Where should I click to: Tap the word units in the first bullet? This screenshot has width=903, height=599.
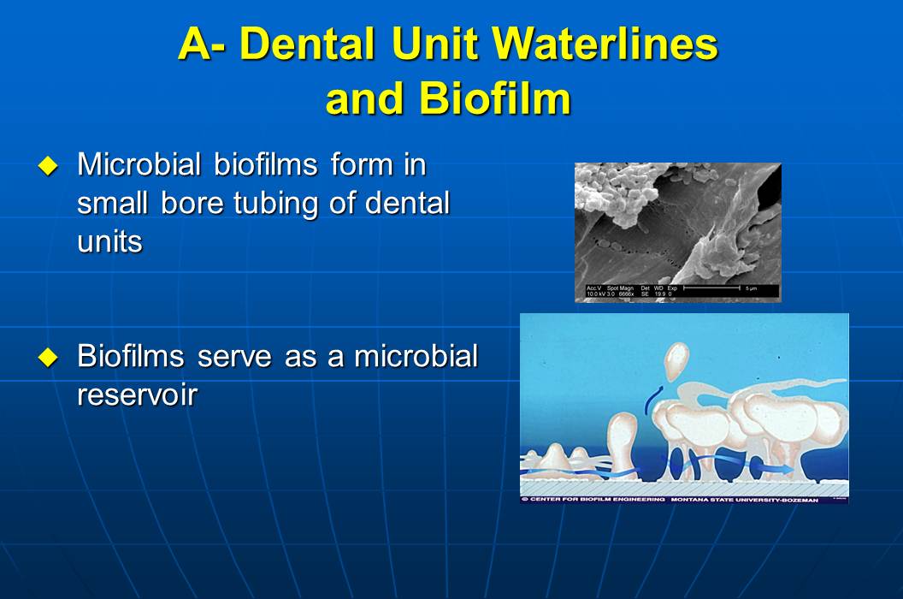click(109, 241)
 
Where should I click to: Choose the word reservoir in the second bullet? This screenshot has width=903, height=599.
click(138, 394)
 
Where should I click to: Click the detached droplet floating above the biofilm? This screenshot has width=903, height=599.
click(676, 359)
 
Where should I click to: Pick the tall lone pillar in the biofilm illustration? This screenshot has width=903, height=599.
click(622, 436)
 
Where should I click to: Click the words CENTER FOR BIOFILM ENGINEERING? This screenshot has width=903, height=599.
click(597, 498)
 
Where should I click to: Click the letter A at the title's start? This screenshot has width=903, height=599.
click(195, 44)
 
